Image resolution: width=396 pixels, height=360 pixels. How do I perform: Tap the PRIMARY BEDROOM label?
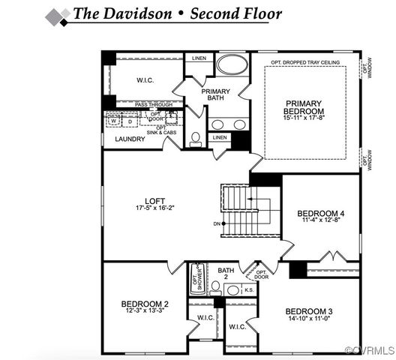pos(304,103)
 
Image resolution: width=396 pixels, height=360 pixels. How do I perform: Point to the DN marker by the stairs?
pos(217,224)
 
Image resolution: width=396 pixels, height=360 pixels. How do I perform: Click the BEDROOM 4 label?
pos(320,213)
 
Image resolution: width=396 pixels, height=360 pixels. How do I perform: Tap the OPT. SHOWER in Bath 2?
pos(199,277)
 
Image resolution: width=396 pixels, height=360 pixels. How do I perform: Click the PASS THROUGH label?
pos(153,104)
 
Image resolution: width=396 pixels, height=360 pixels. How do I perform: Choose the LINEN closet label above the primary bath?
pos(199,58)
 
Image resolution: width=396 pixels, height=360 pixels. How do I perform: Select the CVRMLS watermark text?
pos(368,351)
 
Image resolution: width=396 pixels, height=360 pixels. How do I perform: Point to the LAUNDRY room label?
pos(130,139)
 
